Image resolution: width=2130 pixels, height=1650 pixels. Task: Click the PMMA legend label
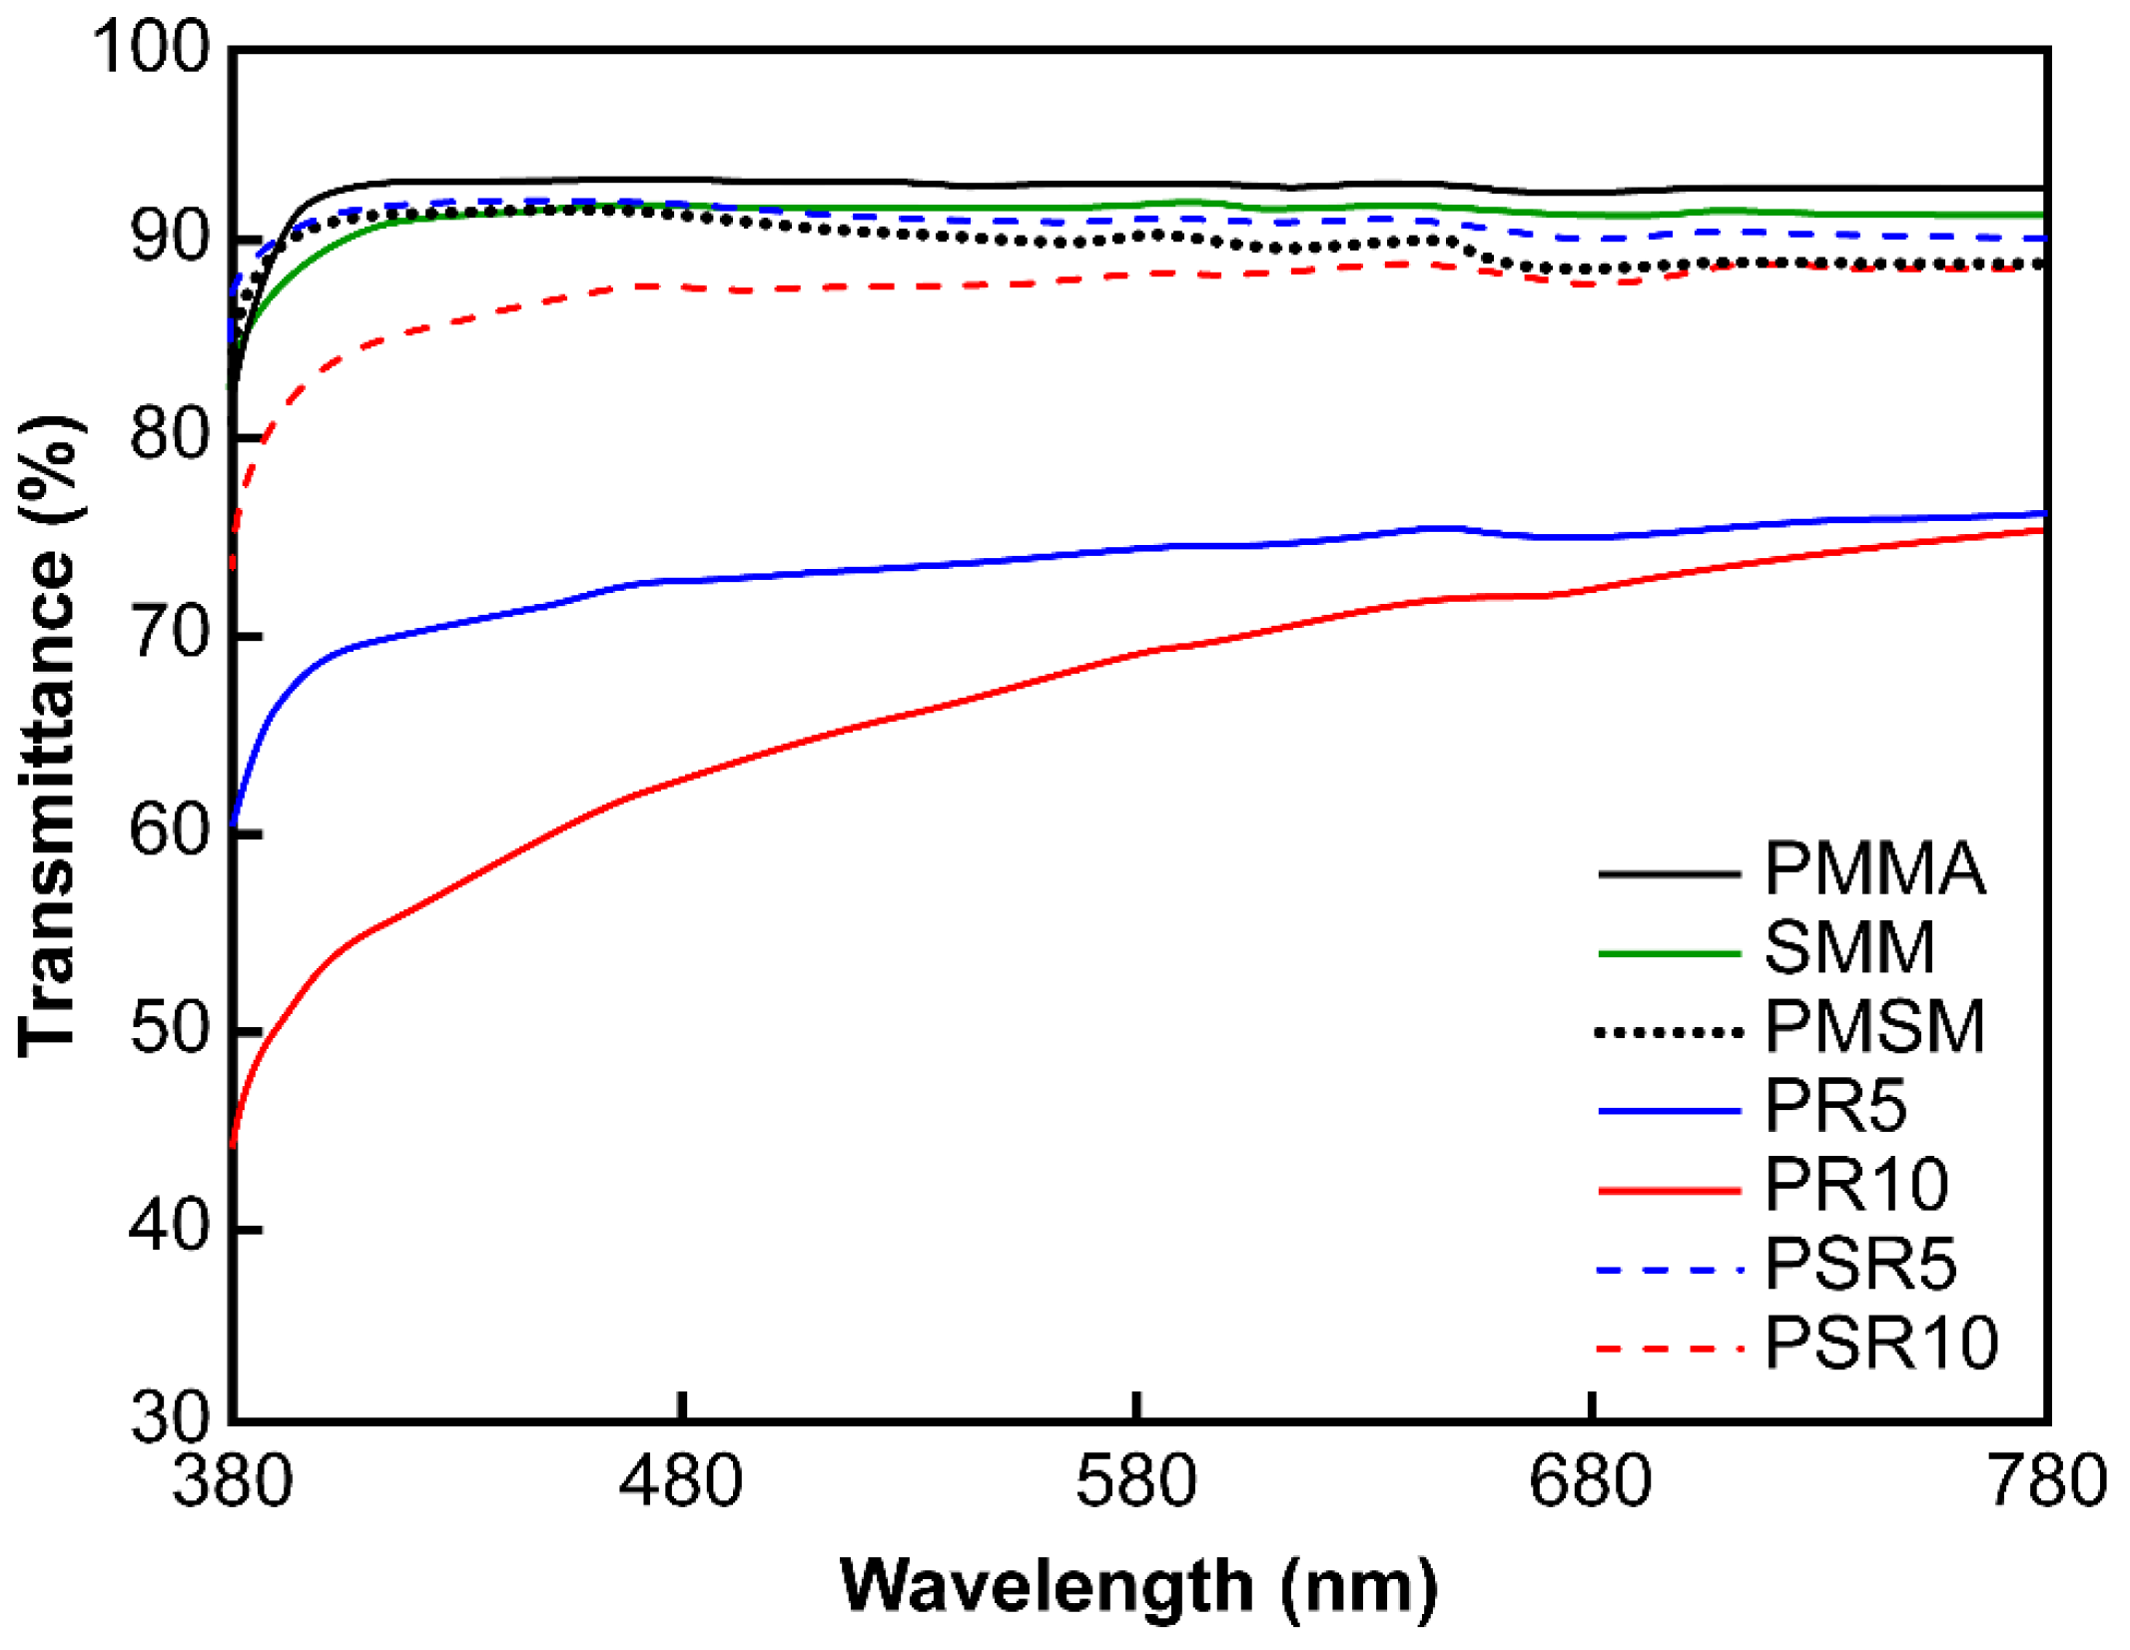click(1874, 868)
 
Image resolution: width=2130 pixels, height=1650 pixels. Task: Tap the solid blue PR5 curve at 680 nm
click(1591, 537)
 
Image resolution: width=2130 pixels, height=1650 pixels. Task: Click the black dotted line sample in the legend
click(1670, 1032)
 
